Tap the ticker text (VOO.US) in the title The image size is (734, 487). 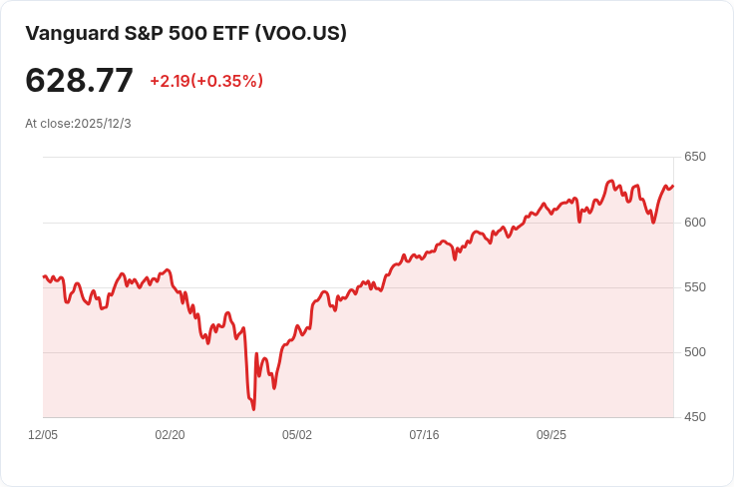(301, 33)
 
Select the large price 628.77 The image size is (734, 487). (79, 81)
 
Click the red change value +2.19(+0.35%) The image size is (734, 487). (206, 81)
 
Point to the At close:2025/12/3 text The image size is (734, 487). (78, 124)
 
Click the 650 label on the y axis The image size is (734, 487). (694, 157)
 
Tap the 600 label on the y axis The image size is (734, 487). (694, 223)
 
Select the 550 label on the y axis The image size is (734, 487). (694, 287)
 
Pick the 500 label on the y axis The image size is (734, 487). (694, 352)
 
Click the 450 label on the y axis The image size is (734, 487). (694, 417)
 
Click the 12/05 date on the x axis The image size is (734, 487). (43, 435)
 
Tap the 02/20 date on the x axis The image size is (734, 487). (170, 435)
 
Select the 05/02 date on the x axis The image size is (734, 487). (297, 435)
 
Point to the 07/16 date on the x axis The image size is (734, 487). (424, 435)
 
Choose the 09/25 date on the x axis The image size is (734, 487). (551, 435)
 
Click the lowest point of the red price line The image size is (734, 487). (254, 409)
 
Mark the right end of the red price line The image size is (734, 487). (673, 186)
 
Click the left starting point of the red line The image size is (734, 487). (44, 276)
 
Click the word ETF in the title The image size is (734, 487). (230, 33)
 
